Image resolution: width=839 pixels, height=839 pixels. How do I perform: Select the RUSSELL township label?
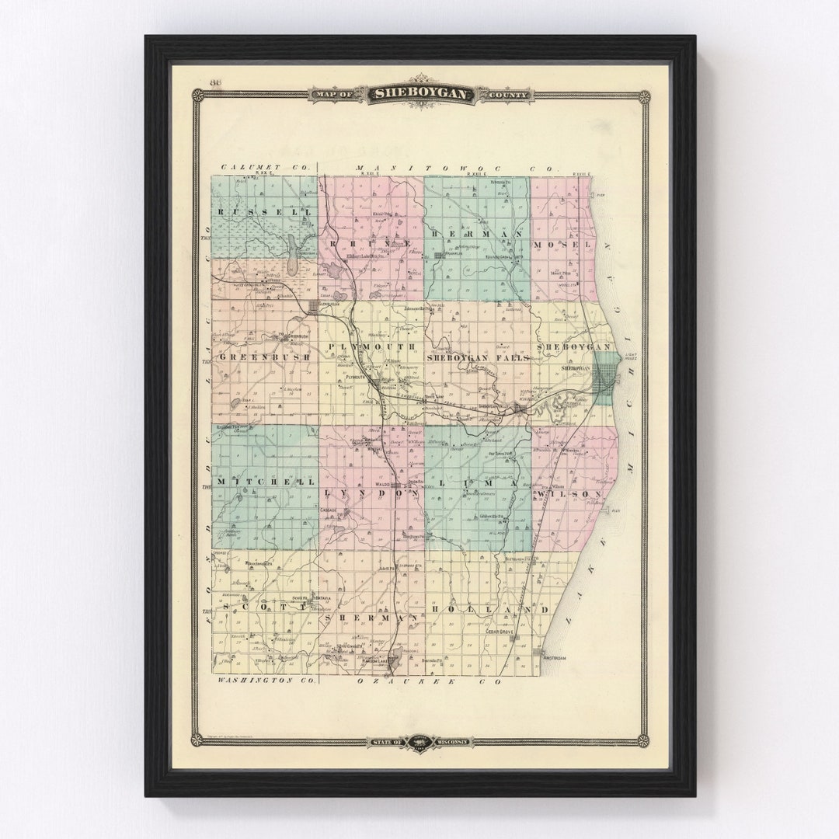coord(247,211)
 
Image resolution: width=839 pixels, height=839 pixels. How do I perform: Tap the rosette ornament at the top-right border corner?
coord(644,96)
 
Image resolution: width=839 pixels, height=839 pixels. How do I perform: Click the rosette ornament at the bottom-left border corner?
coord(197,740)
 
